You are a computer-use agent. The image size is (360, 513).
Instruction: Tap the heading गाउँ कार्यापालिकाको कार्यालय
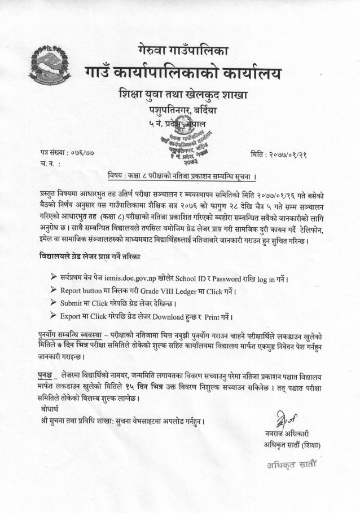[183, 73]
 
